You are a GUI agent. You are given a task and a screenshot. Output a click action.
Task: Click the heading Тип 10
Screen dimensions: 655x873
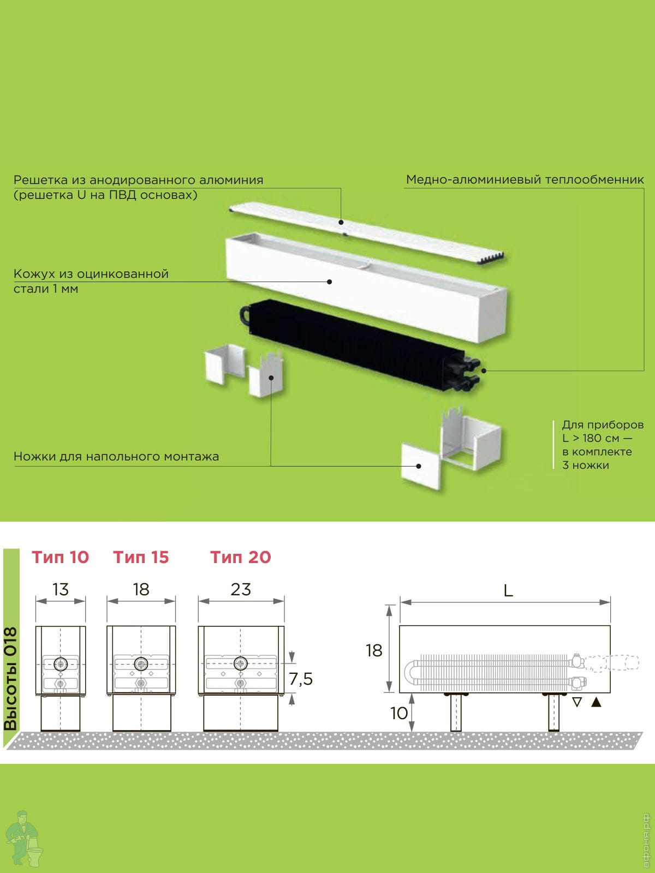point(60,557)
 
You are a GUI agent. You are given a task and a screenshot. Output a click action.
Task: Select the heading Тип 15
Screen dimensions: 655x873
point(141,557)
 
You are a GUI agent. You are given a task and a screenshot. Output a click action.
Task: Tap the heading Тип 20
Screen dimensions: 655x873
point(241,557)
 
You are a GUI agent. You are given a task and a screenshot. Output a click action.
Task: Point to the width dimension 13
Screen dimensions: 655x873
point(61,589)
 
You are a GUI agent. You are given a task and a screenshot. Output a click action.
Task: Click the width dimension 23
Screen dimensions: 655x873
point(241,589)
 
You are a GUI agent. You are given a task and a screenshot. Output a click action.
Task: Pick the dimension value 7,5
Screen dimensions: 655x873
point(301,679)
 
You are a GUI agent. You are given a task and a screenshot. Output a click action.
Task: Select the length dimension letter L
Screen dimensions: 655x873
point(508,591)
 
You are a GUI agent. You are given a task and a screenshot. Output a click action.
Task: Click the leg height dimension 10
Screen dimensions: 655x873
point(399,714)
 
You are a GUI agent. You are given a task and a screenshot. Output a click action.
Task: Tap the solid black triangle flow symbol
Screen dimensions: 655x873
point(596,703)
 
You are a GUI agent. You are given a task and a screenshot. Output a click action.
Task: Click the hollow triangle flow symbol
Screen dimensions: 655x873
point(577,703)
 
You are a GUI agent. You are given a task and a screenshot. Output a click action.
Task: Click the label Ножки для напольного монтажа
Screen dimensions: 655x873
point(116,456)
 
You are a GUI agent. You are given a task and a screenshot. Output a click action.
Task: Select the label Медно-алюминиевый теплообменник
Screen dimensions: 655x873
point(525,180)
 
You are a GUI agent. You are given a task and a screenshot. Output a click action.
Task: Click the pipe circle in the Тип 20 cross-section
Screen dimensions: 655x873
point(240,663)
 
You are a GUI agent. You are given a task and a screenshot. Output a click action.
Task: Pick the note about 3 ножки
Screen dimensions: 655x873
point(603,445)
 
